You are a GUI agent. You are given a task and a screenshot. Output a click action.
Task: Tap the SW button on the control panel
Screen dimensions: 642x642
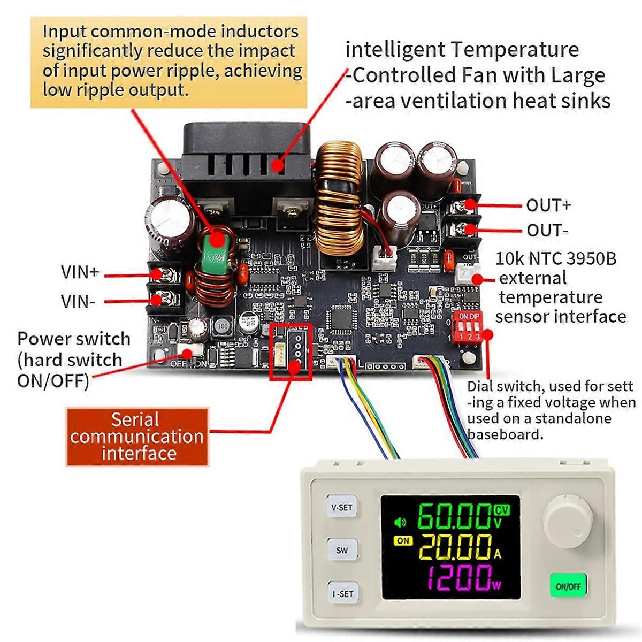342,550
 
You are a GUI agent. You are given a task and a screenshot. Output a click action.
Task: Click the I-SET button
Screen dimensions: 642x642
342,593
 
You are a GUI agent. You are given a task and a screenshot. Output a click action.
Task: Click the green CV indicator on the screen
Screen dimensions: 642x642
502,509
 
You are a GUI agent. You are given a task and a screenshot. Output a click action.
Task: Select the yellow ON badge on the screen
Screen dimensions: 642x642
403,540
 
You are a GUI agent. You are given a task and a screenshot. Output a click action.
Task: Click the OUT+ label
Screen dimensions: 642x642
548,205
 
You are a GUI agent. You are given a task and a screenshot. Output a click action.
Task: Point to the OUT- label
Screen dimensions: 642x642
547,231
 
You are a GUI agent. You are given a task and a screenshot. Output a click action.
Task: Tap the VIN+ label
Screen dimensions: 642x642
80,272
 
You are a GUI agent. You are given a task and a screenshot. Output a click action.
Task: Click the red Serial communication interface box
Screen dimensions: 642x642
136,437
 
